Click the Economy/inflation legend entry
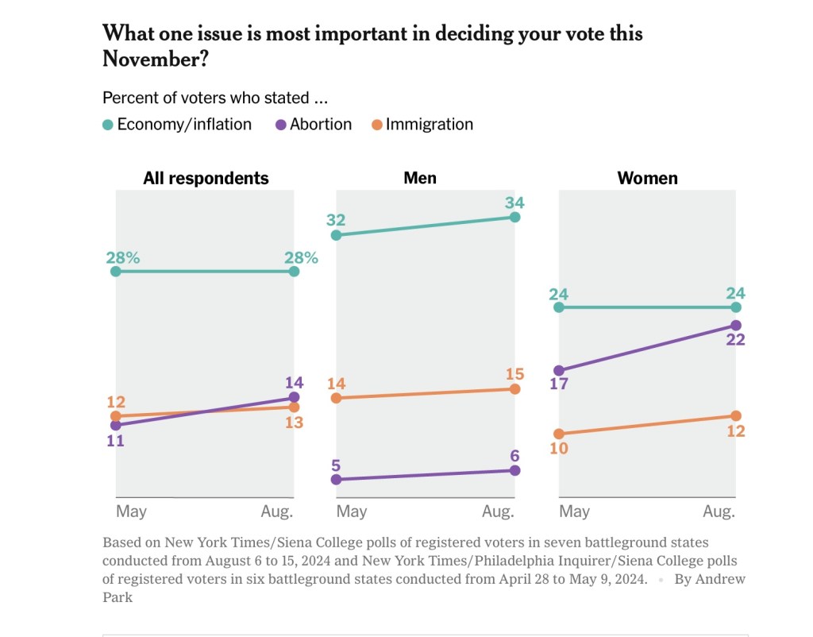coord(177,125)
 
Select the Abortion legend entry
coord(314,125)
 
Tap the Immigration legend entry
coord(422,125)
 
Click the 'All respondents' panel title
coord(206,178)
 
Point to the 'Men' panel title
coord(420,178)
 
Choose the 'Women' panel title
coord(648,178)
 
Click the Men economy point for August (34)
coord(514,217)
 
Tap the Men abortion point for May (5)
coord(336,480)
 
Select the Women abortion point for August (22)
coord(736,326)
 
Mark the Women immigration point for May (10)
coord(559,434)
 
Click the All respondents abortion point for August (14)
coord(295,397)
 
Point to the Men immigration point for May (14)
coord(336,398)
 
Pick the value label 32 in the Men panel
coord(336,218)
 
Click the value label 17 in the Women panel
coord(559,387)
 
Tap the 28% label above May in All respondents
coord(123,257)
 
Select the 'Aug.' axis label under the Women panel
coord(719,512)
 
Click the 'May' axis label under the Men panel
coord(352,512)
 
